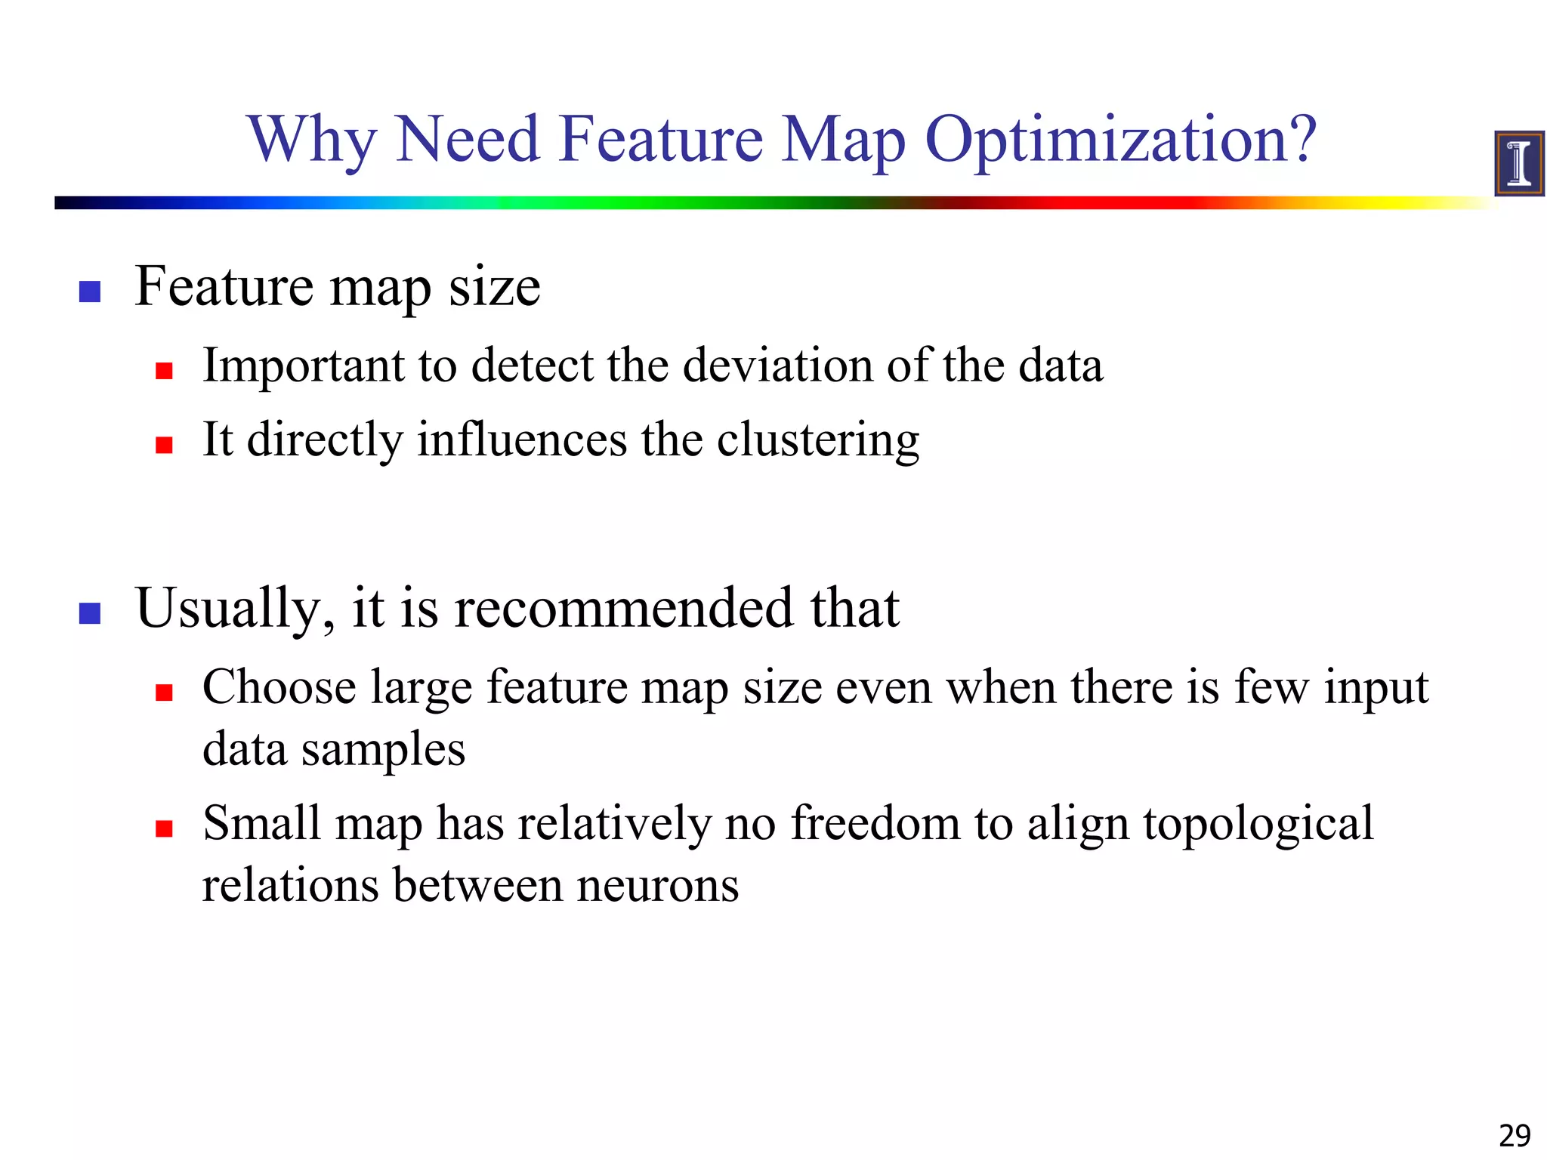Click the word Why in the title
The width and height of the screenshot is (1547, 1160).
[x=311, y=141]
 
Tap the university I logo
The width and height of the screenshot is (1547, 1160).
[x=1518, y=163]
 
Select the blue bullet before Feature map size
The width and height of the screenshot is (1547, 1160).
[x=90, y=292]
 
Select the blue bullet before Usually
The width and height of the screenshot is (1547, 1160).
[x=90, y=613]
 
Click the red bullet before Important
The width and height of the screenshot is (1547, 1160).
[x=164, y=371]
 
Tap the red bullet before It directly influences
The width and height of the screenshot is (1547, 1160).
[x=164, y=445]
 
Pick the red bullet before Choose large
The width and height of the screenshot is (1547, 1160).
[x=164, y=693]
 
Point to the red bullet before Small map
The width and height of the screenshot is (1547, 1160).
[x=164, y=829]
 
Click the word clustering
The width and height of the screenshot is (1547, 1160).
[x=817, y=440]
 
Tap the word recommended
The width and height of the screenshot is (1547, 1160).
[x=623, y=608]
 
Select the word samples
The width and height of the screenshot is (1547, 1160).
[x=383, y=751]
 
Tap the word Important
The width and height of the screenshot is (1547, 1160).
[x=304, y=366]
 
